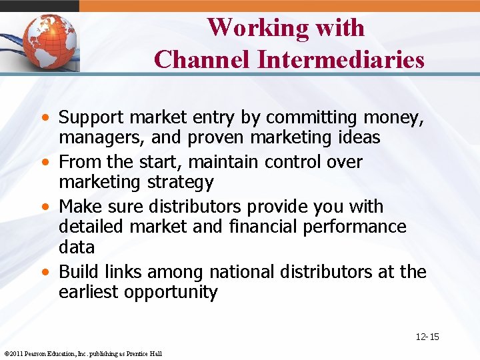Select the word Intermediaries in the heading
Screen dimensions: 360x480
(x=341, y=59)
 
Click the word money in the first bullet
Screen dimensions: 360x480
(x=393, y=118)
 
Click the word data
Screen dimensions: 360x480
(x=77, y=247)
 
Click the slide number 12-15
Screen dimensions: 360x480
(x=427, y=337)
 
